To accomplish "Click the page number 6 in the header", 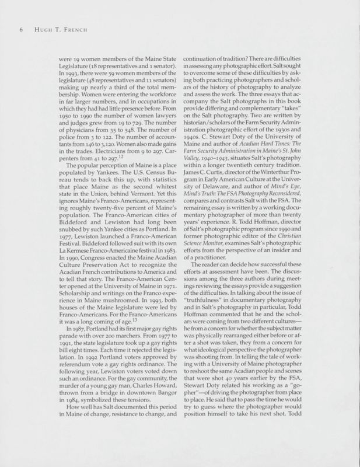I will (x=20, y=30).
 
